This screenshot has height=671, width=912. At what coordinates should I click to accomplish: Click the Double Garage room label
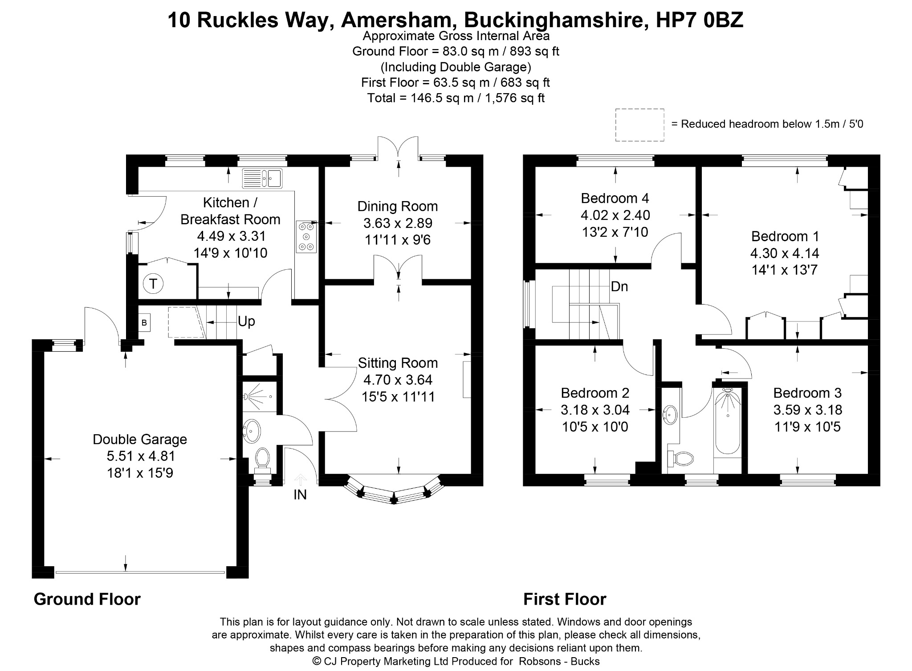(140, 440)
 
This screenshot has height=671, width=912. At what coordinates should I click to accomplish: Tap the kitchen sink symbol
(262, 178)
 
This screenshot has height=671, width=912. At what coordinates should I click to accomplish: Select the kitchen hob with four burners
(306, 237)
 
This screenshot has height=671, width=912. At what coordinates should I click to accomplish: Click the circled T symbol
(153, 284)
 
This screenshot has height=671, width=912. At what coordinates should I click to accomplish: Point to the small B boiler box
(144, 322)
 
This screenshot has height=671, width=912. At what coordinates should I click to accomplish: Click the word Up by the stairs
(246, 321)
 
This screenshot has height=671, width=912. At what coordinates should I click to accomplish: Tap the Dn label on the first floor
(619, 287)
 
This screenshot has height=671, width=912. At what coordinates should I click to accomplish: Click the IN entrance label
(300, 494)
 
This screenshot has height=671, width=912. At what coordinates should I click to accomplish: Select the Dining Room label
(398, 206)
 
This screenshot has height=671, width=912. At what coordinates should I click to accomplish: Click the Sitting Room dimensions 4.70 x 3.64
(398, 380)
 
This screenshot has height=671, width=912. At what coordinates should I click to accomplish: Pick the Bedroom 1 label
(785, 236)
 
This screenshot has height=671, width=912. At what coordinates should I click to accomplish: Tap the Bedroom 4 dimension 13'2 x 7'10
(615, 232)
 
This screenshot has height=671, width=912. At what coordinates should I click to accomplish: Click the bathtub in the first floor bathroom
(728, 422)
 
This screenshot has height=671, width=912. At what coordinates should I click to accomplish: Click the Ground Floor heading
(87, 599)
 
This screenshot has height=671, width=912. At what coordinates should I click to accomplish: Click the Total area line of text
(456, 98)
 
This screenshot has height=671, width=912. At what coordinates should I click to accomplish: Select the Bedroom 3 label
(807, 393)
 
